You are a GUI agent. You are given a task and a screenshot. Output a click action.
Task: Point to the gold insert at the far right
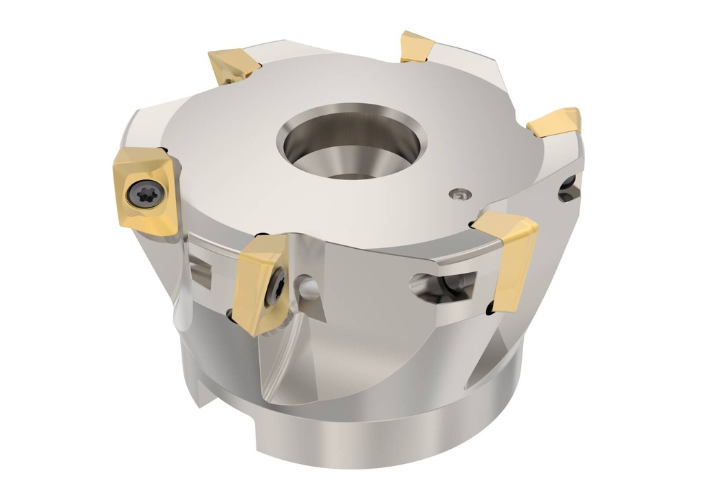[555, 122]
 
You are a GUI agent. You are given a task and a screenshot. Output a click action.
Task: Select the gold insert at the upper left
[234, 66]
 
